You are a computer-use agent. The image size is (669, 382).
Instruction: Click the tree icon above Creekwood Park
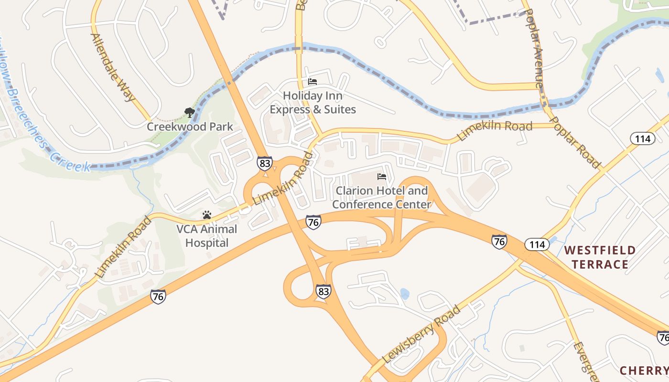tap(190, 113)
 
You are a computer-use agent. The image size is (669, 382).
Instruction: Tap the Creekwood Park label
tap(190, 127)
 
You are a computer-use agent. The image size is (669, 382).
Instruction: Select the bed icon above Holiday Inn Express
tap(313, 82)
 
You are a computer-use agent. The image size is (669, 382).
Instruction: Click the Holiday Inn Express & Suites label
tap(313, 103)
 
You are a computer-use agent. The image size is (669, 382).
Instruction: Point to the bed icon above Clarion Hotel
tap(381, 177)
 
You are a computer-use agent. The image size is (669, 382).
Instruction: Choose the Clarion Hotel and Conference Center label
tap(381, 198)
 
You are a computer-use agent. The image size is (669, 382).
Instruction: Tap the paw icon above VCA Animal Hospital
tap(207, 215)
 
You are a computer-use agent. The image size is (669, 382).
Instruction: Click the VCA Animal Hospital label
tap(206, 236)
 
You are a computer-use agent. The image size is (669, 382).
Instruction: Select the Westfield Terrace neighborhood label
tap(600, 257)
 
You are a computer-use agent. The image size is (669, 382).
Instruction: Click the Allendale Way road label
tap(113, 67)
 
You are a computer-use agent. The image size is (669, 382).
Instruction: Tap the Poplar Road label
tap(575, 142)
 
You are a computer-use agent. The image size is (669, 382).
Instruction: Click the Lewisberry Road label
tap(421, 334)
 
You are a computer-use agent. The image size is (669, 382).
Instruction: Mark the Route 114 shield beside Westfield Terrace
tap(537, 245)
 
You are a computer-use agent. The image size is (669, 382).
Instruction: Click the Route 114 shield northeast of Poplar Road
tap(642, 139)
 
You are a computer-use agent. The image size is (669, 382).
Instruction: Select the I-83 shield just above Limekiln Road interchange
tap(264, 163)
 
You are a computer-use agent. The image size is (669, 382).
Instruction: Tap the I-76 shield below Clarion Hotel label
tap(313, 222)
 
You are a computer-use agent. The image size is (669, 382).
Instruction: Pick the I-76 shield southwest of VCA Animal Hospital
tap(158, 297)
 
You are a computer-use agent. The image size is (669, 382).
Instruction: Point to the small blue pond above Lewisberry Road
tap(405, 294)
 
